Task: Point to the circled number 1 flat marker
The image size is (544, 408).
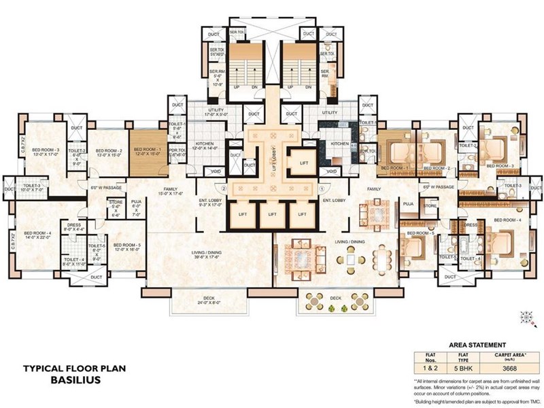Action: coord(321,188)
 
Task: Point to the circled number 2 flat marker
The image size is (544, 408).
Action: coord(223,188)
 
